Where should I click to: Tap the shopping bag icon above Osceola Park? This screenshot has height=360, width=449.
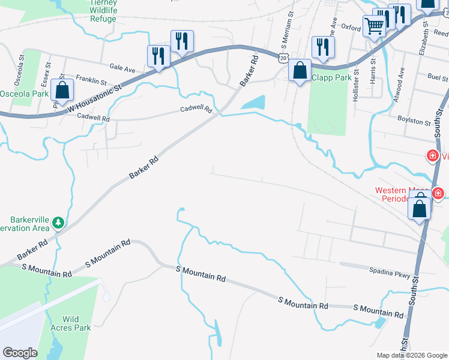[x=62, y=90]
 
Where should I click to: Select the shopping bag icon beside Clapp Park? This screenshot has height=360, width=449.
[x=299, y=70]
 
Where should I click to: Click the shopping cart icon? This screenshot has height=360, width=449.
[x=375, y=26]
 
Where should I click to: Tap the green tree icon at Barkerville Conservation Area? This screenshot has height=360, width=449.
[x=58, y=223]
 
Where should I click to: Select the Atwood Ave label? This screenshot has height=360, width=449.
[x=401, y=78]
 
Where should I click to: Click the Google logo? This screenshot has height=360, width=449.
[x=20, y=353]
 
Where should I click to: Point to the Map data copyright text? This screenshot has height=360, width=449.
[x=411, y=355]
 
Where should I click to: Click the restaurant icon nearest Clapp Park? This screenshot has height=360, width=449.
[x=322, y=48]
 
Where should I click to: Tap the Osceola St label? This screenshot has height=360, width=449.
[x=22, y=71]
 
